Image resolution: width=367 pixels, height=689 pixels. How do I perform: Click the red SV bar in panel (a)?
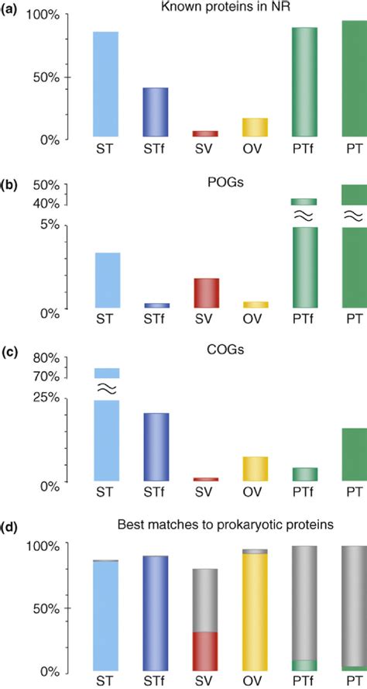pyautogui.click(x=205, y=134)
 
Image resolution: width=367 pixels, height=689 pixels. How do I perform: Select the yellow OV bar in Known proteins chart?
pyautogui.click(x=255, y=128)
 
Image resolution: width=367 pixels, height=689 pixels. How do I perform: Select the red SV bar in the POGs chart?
pyautogui.click(x=205, y=293)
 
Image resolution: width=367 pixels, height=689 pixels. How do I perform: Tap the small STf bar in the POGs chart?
pyautogui.click(x=156, y=305)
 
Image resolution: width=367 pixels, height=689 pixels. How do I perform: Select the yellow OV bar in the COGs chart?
pyautogui.click(x=255, y=469)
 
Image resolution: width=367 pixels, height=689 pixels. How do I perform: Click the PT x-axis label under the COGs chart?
pyautogui.click(x=354, y=491)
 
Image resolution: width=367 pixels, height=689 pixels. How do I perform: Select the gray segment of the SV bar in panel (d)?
pyautogui.click(x=205, y=600)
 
